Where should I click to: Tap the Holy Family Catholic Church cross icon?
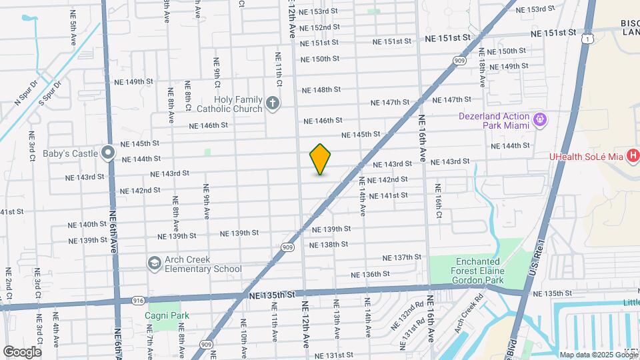pyautogui.click(x=272, y=103)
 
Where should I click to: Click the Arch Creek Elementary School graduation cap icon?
pyautogui.click(x=155, y=263)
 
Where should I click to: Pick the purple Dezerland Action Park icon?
pyautogui.click(x=539, y=120)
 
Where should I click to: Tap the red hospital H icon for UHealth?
pyautogui.click(x=633, y=156)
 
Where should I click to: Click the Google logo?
pyautogui.click(x=22, y=351)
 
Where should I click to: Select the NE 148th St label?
pyautogui.click(x=321, y=89)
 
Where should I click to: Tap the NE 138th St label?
pyautogui.click(x=329, y=245)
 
